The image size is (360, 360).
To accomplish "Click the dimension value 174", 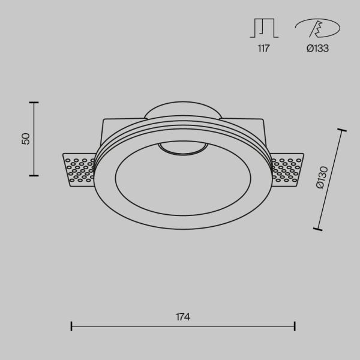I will [x=183, y=317].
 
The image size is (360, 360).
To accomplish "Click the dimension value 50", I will [x=25, y=139].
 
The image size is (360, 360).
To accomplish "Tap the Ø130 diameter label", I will [x=322, y=178].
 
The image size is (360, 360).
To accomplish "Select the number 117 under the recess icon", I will [x=263, y=49].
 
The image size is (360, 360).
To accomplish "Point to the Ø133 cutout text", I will [x=317, y=49].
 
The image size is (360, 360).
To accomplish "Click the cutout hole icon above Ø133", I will [x=317, y=28].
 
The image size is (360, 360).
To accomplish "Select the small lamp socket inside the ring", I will [x=182, y=148].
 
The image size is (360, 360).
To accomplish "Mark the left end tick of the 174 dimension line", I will [x=71, y=326].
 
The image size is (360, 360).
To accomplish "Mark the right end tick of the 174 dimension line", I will [x=295, y=326].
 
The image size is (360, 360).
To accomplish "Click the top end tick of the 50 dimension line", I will [x=34, y=103].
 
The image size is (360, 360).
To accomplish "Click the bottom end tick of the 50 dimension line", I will [x=34, y=175].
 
